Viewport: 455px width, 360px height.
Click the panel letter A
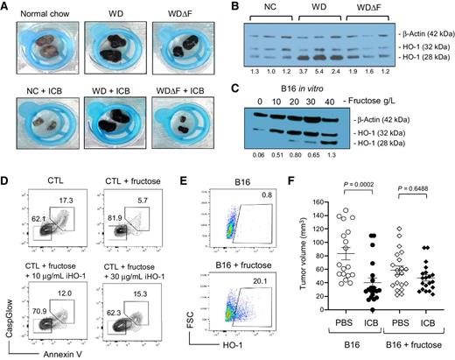[7, 7]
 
